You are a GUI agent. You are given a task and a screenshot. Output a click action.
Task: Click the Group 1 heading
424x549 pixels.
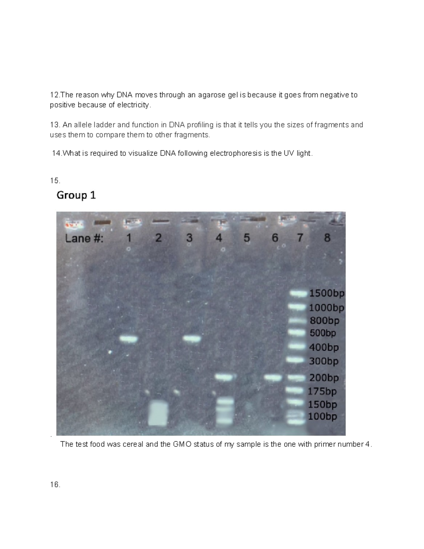(76, 195)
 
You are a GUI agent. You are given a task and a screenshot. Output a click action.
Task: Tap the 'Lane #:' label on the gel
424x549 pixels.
(84, 239)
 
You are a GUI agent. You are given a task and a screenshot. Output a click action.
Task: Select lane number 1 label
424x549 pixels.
(129, 238)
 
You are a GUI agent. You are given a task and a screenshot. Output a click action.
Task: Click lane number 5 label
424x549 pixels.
(247, 238)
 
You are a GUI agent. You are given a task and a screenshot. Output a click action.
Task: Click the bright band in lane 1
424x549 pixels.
(128, 339)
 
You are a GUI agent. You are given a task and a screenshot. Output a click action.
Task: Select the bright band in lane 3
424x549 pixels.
(192, 339)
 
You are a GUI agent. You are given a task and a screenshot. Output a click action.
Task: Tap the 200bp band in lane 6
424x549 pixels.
(273, 378)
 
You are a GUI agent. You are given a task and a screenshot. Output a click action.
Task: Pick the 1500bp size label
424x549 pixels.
(326, 293)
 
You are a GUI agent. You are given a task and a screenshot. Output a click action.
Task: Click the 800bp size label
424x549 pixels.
(324, 321)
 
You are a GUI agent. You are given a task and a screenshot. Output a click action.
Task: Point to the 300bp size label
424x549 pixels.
(324, 361)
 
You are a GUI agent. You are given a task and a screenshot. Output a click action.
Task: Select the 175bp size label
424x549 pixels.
(322, 391)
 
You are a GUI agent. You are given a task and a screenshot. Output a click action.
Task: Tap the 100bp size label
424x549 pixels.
(322, 416)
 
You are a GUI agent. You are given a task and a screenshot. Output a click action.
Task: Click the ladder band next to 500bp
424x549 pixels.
(296, 333)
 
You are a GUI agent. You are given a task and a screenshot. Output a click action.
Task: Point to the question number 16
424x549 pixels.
(55, 485)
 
